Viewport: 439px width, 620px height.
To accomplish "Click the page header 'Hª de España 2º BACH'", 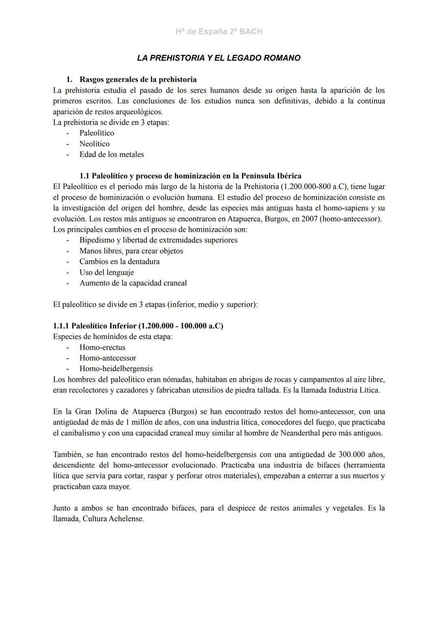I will pos(219,31).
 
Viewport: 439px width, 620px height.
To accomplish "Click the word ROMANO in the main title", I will pos(282,58).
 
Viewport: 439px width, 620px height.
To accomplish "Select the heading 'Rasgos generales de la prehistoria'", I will pos(138,79).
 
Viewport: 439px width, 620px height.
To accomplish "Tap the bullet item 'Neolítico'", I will pos(94,144).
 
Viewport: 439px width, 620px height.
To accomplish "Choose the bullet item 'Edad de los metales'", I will pos(111,154).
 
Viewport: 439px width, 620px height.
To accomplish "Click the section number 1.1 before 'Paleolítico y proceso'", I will pos(85,176).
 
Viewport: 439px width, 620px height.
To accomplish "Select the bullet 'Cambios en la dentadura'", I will pos(120,262).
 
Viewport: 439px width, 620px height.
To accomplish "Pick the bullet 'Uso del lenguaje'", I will pos(106,272).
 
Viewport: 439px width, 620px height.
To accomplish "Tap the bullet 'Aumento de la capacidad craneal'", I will pos(133,283).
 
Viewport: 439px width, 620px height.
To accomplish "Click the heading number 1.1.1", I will pos(61,326).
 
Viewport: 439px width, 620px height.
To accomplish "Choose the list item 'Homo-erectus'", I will pos(102,348).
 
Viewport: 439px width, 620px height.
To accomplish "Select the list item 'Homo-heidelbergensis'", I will pos(116,369).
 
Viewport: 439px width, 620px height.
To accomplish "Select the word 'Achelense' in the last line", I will pos(126,519).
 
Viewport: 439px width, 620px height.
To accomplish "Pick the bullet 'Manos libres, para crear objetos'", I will pos(131,251).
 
